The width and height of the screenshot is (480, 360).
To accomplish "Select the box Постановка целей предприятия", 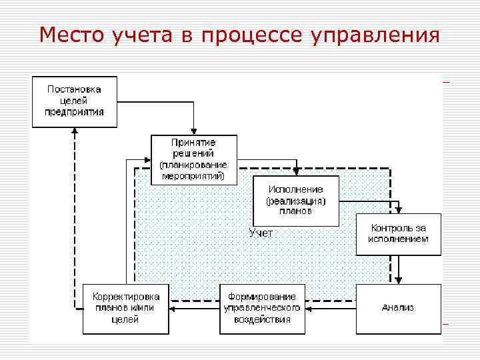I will pyautogui.click(x=75, y=101).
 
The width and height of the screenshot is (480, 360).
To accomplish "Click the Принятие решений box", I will pyautogui.click(x=193, y=160).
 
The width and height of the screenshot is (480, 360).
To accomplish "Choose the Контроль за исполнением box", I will pyautogui.click(x=399, y=234).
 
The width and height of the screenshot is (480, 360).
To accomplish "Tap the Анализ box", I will pyautogui.click(x=399, y=309).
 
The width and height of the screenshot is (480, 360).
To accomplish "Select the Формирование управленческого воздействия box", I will pyautogui.click(x=263, y=309).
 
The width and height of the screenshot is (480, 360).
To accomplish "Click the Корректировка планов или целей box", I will pyautogui.click(x=125, y=309).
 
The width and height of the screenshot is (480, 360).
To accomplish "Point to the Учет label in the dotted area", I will pyautogui.click(x=261, y=233).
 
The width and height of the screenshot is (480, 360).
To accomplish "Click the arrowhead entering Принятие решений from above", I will pyautogui.click(x=193, y=131).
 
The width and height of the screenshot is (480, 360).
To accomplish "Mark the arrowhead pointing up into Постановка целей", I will pyautogui.click(x=75, y=131).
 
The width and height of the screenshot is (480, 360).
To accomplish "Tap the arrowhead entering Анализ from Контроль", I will pyautogui.click(x=399, y=280).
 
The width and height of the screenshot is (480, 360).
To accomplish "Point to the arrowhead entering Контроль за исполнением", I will pyautogui.click(x=399, y=210).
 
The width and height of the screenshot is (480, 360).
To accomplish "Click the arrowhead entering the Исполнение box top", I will pyautogui.click(x=297, y=172).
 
